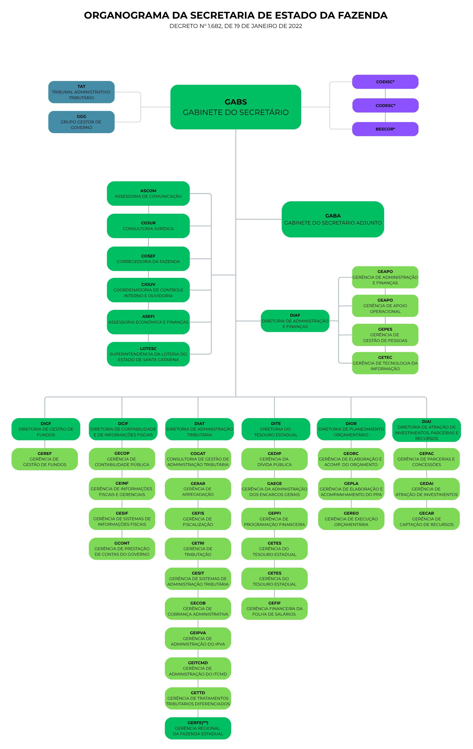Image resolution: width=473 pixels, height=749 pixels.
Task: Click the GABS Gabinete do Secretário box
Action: (x=235, y=107)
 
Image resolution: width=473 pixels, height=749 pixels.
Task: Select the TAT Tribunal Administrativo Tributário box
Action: (x=81, y=92)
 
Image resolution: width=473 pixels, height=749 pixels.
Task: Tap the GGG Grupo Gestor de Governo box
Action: (x=81, y=122)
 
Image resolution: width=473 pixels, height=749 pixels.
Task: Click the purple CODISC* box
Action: (x=385, y=82)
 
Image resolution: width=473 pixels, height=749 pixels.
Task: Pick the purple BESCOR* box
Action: (x=385, y=129)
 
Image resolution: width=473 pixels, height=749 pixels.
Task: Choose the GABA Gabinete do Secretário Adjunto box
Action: (x=333, y=219)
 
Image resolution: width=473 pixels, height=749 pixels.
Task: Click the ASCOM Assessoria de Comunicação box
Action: (x=148, y=194)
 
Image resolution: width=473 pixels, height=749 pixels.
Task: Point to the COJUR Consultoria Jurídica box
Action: (x=148, y=226)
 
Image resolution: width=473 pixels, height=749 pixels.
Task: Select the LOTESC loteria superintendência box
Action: (x=148, y=354)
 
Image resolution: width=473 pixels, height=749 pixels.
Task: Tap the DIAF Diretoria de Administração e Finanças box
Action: (x=295, y=321)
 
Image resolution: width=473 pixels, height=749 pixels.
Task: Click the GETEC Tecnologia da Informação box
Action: (x=385, y=363)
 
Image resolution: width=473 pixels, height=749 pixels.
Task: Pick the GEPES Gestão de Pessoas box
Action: (x=385, y=335)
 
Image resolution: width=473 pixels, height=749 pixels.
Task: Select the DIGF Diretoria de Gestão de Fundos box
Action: (x=46, y=429)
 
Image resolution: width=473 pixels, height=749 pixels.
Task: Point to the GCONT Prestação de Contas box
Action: (x=122, y=549)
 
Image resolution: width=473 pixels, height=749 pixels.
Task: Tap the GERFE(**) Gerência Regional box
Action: (x=198, y=728)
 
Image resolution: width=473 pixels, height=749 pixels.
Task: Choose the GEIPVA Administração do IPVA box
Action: (x=198, y=638)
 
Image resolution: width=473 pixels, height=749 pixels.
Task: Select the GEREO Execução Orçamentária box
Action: (x=351, y=519)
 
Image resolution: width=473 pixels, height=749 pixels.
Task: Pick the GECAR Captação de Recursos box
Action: (x=426, y=519)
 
